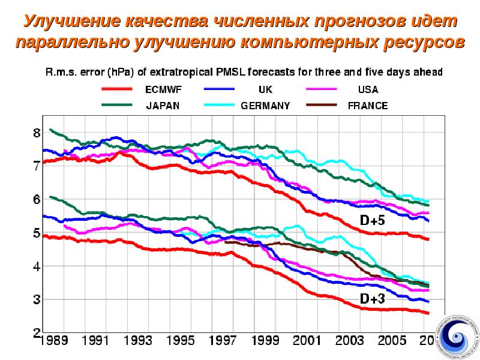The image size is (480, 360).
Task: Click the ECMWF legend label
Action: (163, 90)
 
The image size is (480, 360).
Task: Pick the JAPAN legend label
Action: (163, 106)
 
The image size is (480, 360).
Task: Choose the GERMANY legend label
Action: (265, 106)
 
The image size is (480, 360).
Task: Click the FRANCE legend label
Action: (368, 106)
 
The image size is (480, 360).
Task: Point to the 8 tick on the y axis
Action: (37, 133)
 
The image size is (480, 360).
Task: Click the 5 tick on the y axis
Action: (37, 233)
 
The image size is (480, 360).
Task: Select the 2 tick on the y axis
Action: (37, 332)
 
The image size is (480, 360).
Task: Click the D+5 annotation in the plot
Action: (372, 221)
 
